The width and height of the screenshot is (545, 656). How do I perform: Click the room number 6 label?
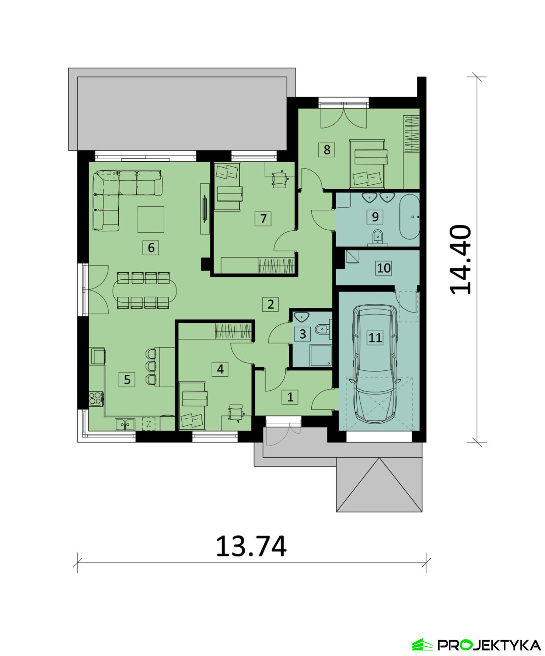click(151, 248)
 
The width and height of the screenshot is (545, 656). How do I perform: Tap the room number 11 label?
click(375, 338)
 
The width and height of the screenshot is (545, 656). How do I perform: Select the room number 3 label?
click(303, 334)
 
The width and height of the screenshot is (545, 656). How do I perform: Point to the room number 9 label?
click(375, 216)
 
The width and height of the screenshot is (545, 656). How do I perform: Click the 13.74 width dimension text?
click(251, 546)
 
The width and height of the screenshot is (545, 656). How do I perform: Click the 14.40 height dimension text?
click(461, 259)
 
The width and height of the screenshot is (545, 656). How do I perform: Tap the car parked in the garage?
click(375, 364)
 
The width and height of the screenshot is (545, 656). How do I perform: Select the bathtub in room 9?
click(410, 217)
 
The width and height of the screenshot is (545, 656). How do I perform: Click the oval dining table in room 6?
click(144, 290)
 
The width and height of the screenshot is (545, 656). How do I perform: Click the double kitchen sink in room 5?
click(125, 425)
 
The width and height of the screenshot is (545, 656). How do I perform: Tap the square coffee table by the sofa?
click(151, 219)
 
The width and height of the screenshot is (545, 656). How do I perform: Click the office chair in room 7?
click(280, 179)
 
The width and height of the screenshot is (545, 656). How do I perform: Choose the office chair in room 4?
click(235, 412)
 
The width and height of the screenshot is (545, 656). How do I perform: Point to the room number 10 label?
click(384, 268)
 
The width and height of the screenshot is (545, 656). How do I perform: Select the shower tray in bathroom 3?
click(321, 355)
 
